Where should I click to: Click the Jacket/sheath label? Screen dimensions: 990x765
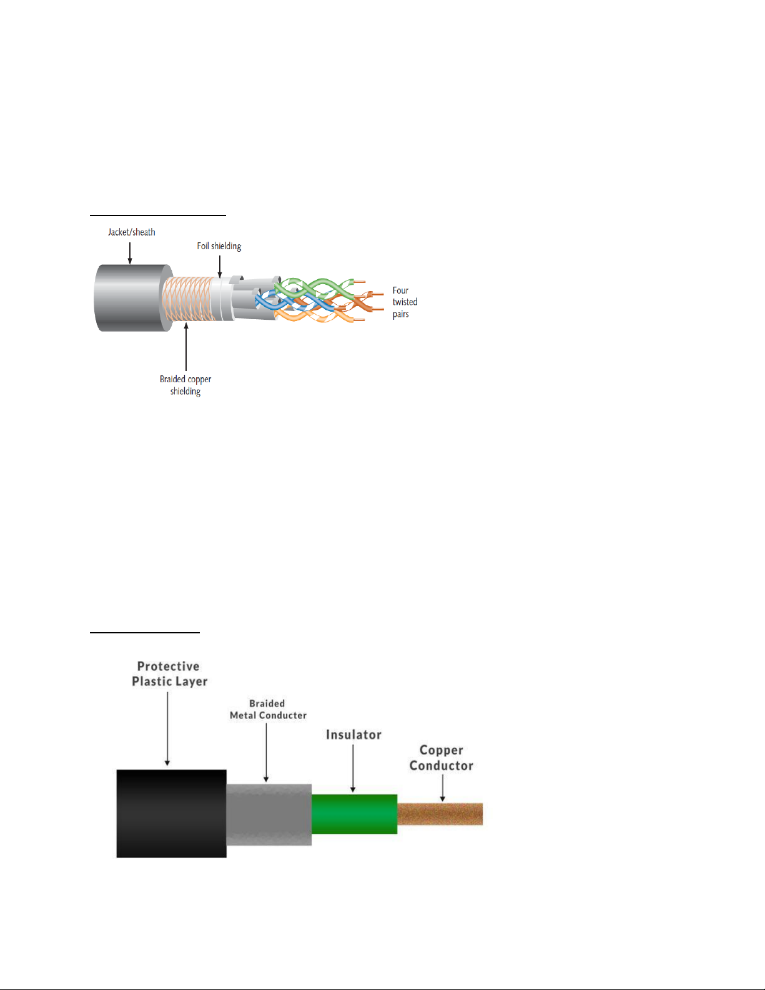131,232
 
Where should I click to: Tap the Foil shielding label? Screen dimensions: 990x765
219,246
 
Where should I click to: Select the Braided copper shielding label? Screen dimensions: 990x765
185,385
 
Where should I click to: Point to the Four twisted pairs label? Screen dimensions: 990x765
404,302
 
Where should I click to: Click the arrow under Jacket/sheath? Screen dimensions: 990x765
130,252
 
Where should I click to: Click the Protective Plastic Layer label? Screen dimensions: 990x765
169,674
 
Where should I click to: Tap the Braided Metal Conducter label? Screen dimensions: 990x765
268,710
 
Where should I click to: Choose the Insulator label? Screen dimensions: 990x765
353,735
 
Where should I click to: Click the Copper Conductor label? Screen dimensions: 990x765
442,758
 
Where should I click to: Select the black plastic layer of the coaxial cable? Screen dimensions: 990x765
171,813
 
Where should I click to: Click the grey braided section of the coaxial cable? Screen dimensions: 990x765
269,814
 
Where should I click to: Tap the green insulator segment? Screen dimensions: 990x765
354,814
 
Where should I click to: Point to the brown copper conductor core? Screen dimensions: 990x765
440,814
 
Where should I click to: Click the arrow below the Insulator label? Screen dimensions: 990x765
353,768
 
